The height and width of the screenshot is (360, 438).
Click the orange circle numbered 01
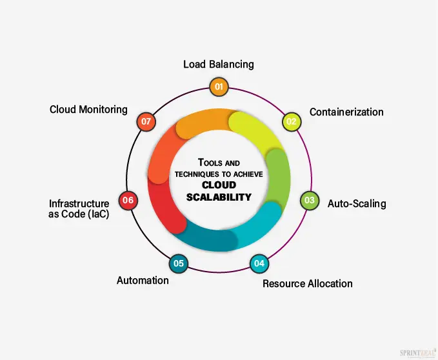click(x=219, y=86)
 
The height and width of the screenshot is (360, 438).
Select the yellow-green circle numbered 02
click(x=292, y=121)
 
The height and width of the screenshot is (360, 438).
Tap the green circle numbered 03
click(x=310, y=200)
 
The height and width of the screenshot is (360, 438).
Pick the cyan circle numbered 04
click(x=259, y=263)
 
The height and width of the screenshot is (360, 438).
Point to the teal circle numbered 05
click(x=179, y=263)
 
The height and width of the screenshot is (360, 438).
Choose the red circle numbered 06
click(x=128, y=200)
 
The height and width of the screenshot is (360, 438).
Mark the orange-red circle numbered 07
click(x=146, y=121)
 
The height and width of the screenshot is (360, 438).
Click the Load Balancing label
click(x=219, y=65)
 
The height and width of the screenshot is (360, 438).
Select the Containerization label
click(x=346, y=112)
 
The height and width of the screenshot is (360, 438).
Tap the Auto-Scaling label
click(x=357, y=204)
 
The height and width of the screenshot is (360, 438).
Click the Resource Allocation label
click(x=308, y=283)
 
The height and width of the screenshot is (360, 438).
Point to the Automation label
click(x=143, y=281)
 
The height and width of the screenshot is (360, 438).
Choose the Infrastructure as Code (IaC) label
click(x=79, y=209)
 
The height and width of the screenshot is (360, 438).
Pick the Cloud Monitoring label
click(x=88, y=110)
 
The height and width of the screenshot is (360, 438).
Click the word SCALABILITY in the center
click(x=219, y=197)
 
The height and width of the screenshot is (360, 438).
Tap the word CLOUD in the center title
click(x=219, y=186)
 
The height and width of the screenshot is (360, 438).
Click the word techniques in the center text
click(x=198, y=175)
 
